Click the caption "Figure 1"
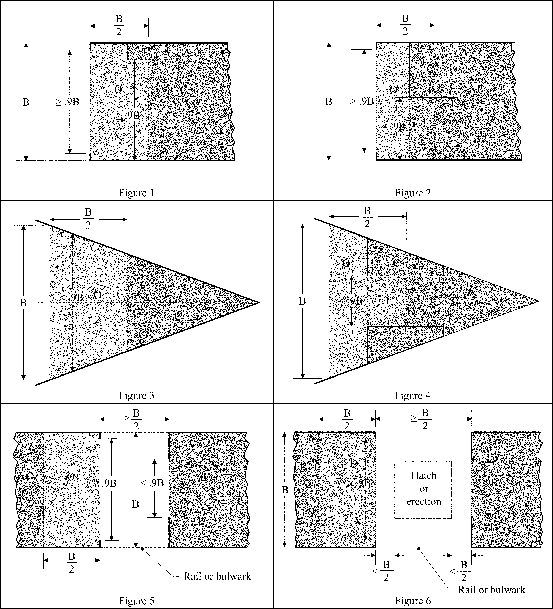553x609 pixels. click(x=136, y=193)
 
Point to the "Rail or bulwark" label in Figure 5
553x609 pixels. click(x=217, y=576)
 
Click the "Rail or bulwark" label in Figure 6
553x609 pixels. click(x=491, y=590)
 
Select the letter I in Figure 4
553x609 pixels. click(x=387, y=301)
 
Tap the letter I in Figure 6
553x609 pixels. click(x=351, y=464)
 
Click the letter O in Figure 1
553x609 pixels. click(x=118, y=89)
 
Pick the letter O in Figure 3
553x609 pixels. click(x=97, y=295)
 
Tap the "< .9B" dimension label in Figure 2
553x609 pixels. click(x=393, y=126)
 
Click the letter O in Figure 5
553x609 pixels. click(x=71, y=477)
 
